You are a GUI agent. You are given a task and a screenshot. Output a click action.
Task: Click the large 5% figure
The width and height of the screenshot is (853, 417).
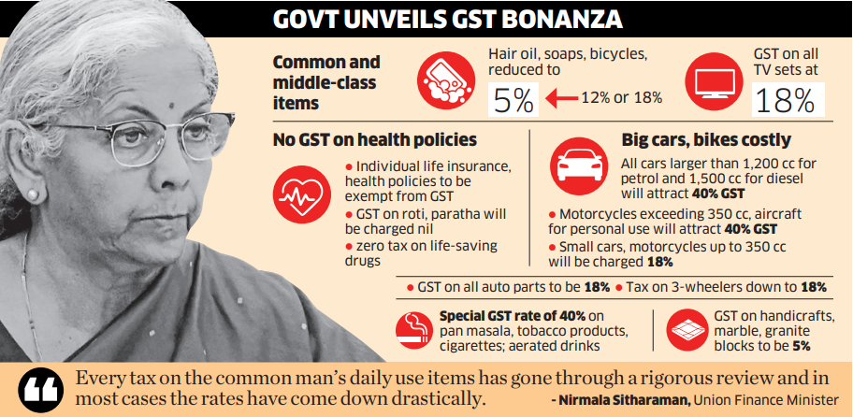click(x=512, y=100)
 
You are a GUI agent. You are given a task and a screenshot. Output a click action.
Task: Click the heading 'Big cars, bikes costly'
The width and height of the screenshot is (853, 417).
click(x=706, y=140)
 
